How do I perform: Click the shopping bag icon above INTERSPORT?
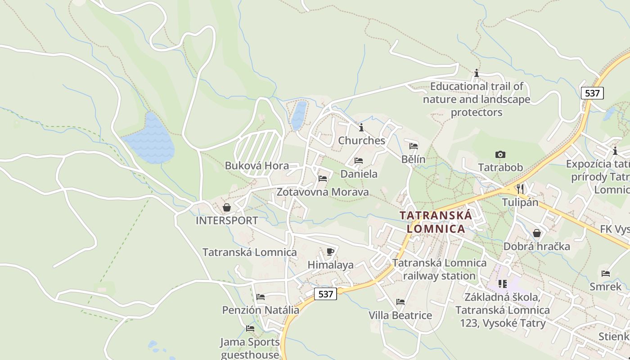click(x=227, y=207)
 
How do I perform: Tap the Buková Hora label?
click(x=256, y=166)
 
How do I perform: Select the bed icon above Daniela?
click(x=359, y=160)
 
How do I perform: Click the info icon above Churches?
click(x=361, y=127)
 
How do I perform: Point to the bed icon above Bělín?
click(x=414, y=146)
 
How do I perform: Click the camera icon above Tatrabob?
click(x=500, y=155)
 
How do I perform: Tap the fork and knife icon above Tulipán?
click(x=520, y=189)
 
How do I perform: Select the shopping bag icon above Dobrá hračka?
click(x=537, y=233)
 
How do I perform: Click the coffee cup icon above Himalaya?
click(x=330, y=252)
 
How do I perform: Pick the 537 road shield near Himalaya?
click(x=325, y=294)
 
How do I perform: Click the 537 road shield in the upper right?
click(x=592, y=93)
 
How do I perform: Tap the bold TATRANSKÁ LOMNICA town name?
click(x=436, y=222)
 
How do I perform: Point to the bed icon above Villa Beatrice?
click(x=400, y=302)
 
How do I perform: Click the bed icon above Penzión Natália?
click(x=261, y=297)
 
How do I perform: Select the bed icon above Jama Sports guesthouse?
click(x=250, y=328)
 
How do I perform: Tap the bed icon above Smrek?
click(x=606, y=273)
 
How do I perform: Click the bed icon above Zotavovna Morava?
click(x=323, y=179)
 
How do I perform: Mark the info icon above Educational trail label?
click(x=477, y=73)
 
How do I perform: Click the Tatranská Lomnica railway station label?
click(x=439, y=269)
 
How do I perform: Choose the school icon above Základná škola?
click(x=503, y=284)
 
